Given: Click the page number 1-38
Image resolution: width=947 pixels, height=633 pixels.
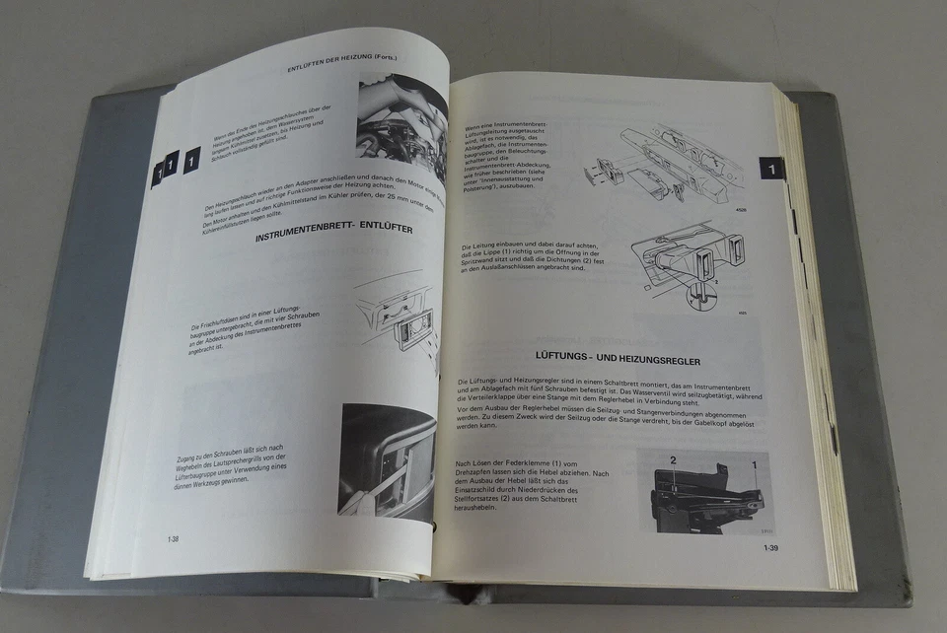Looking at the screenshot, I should coord(173,539).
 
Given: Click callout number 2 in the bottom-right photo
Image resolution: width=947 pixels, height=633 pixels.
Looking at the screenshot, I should coord(674,459).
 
